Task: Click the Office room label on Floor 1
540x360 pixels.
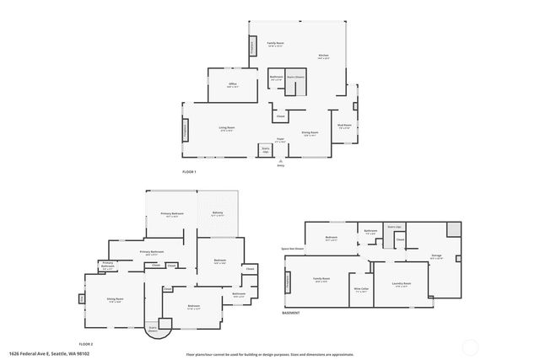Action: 232,85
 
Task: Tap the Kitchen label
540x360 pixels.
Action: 323,56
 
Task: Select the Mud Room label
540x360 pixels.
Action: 345,126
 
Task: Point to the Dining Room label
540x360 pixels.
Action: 310,133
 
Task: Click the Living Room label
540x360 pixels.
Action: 226,129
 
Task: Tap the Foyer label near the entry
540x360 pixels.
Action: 280,140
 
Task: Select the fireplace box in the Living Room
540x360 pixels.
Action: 186,131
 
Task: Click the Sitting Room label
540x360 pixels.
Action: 116,299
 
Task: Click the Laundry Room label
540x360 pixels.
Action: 401,284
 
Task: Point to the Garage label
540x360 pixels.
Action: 436,256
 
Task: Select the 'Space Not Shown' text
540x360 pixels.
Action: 293,250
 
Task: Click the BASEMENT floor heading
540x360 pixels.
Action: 291,312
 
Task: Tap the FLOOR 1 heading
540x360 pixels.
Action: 189,172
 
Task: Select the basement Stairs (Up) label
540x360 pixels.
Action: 394,227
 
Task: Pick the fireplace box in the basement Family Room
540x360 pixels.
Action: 288,282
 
